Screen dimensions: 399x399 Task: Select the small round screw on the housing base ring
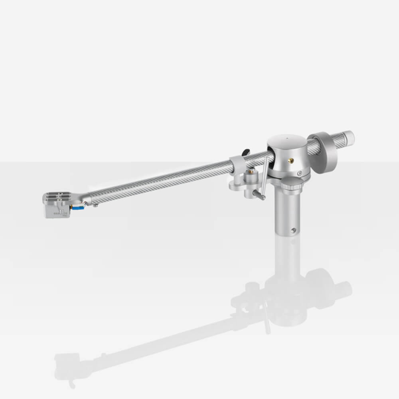coord(299,173)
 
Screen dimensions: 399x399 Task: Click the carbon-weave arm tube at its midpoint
coord(160,182)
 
